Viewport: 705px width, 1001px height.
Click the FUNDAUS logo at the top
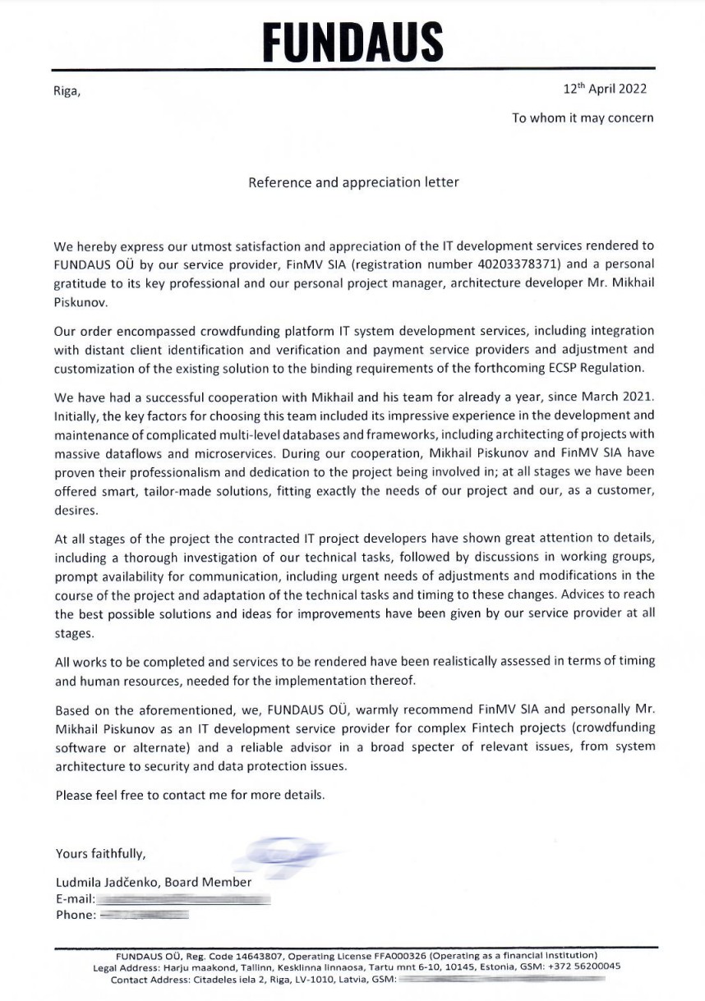pos(353,39)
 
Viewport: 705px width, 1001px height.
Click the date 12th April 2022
pos(605,90)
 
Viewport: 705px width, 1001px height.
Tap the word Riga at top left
pos(67,92)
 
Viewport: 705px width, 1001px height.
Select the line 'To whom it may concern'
pos(583,118)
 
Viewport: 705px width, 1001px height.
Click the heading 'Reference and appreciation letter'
pos(353,182)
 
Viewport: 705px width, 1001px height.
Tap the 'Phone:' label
pos(76,914)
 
